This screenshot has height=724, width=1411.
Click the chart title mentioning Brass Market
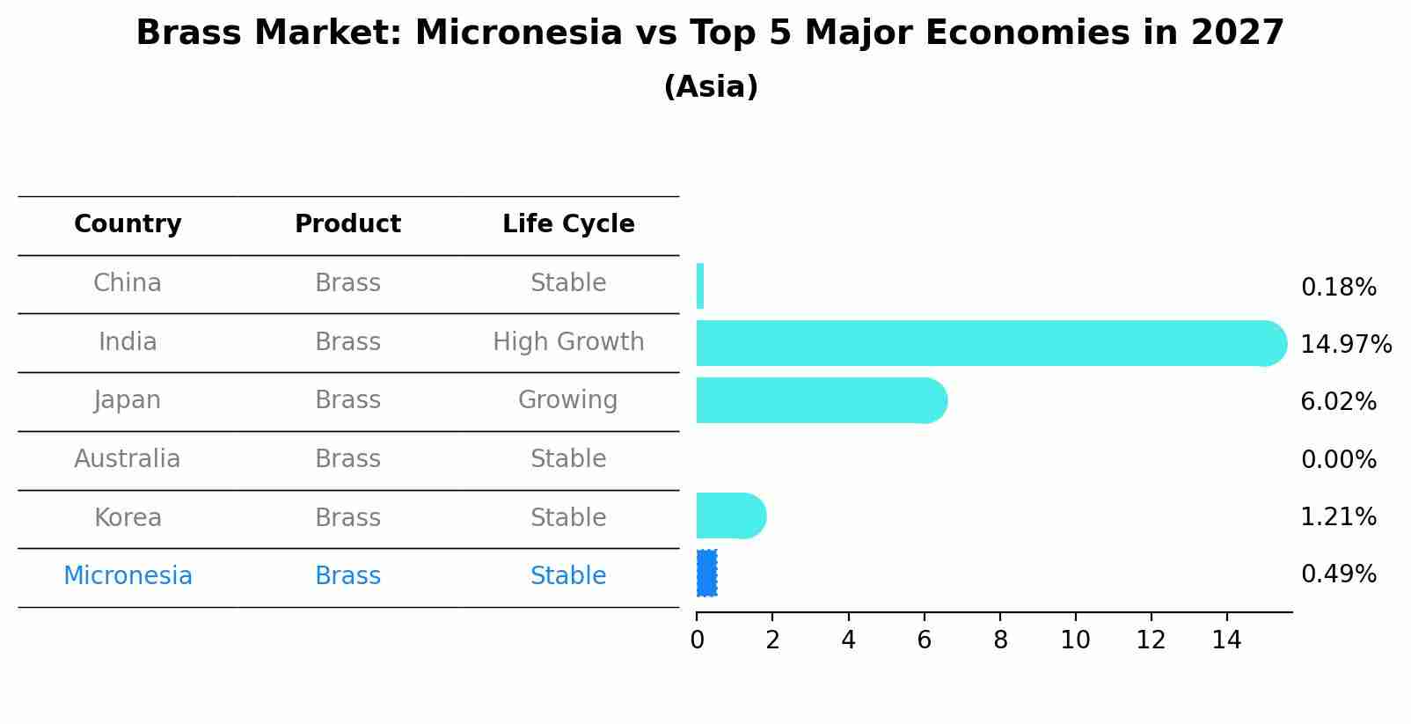[710, 33]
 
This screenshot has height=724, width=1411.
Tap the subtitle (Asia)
[711, 86]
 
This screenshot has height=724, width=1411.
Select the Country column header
[128, 223]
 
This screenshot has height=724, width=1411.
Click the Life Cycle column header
[568, 223]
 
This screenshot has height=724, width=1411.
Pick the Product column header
[347, 223]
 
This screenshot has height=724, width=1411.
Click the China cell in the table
[128, 283]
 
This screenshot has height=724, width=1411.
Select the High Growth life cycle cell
[568, 342]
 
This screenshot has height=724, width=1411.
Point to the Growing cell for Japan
[567, 400]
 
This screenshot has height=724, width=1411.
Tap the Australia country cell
[128, 458]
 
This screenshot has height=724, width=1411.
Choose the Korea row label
[128, 518]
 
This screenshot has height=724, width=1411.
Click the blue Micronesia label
[128, 576]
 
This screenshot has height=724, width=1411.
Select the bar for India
[991, 343]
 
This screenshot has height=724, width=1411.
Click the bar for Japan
[822, 401]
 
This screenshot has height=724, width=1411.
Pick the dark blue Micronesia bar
[706, 574]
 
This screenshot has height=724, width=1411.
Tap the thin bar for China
[700, 286]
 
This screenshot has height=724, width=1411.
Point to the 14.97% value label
[1346, 345]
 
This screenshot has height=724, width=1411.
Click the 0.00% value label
[1339, 460]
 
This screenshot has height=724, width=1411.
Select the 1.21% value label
[1339, 517]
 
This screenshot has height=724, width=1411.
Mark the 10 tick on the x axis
[1075, 640]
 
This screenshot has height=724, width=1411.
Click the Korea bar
[731, 516]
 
